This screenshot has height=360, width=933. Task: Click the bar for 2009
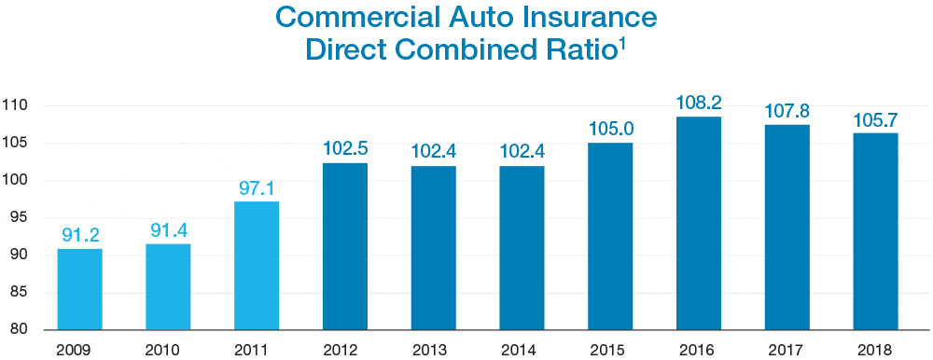[79, 289]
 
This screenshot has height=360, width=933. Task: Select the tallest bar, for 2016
[699, 223]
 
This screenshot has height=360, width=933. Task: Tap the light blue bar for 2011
[257, 266]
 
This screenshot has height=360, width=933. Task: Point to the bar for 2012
[345, 246]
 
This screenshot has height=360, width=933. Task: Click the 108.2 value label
[699, 102]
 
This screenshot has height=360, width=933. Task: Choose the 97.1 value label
[257, 187]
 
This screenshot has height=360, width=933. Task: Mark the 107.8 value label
[787, 110]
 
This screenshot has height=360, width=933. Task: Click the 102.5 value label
[345, 148]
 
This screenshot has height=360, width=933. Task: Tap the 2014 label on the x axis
[522, 350]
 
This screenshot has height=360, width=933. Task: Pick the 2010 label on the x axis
[168, 350]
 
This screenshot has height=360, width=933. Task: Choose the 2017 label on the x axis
[787, 350]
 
